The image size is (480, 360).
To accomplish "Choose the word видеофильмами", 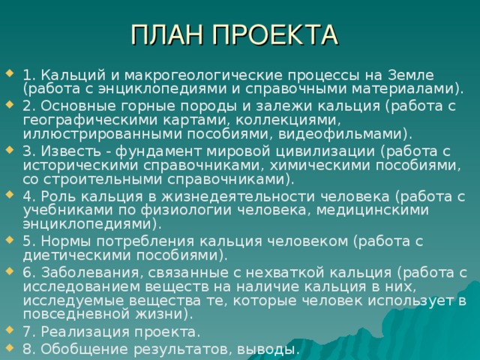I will tap(343, 134).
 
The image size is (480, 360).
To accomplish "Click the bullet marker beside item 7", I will tap(10, 330).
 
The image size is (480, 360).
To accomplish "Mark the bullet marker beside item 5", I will tap(10, 240).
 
